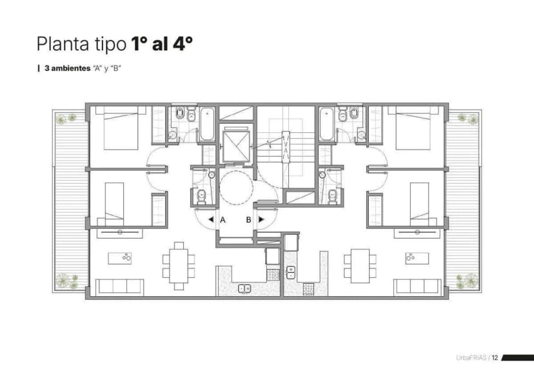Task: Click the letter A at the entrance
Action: coord(223,219)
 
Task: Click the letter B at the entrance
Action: coord(248,219)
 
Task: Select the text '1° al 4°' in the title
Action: coord(162,45)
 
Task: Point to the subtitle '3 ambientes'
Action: coord(67,68)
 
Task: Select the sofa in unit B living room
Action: coord(417,286)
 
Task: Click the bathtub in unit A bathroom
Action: coord(207,124)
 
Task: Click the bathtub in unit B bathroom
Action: coord(326,124)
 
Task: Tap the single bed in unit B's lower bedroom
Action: coord(419,200)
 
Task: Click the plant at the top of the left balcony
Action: coord(63,118)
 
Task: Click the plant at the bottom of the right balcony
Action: coord(468,281)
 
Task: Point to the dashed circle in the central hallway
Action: coord(235,187)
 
